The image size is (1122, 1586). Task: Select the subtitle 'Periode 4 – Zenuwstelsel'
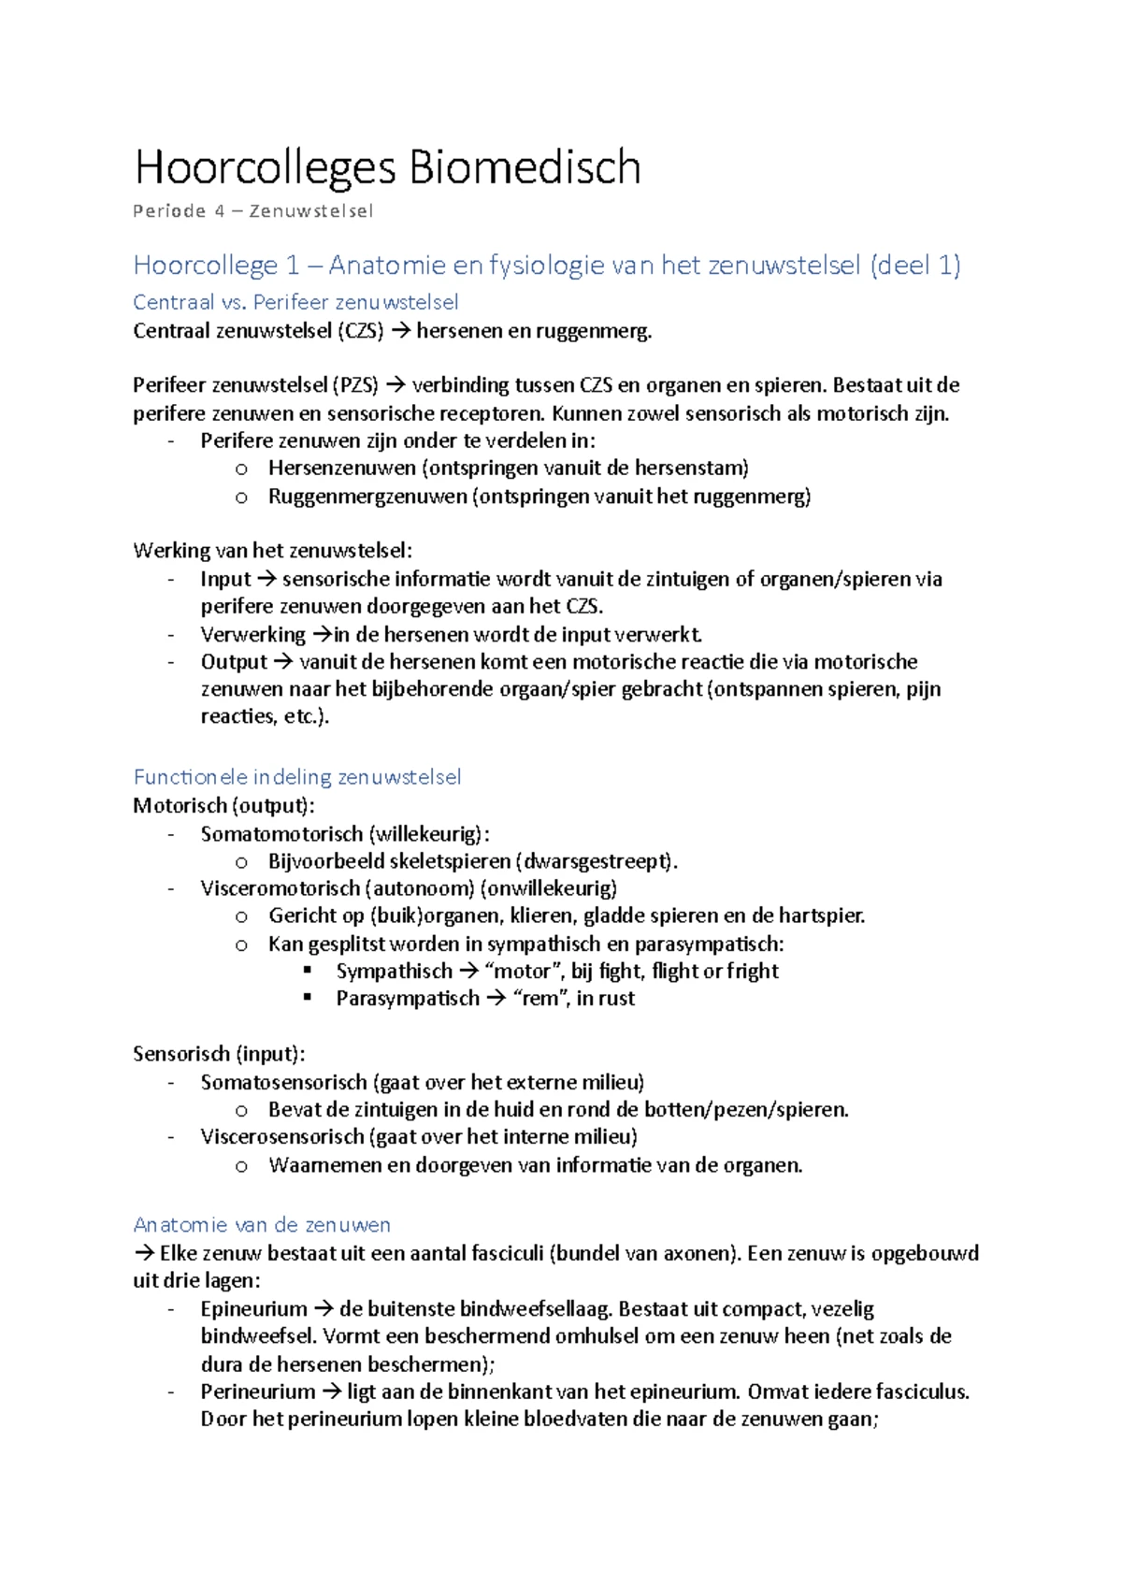pyautogui.click(x=252, y=211)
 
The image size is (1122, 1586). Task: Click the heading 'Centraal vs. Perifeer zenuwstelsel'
pyautogui.click(x=295, y=302)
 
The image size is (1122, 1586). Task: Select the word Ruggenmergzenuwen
pyautogui.click(x=367, y=496)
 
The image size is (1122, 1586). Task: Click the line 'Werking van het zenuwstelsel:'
pyautogui.click(x=272, y=550)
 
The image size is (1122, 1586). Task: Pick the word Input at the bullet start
pyautogui.click(x=225, y=579)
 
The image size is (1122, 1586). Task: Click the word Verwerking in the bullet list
pyautogui.click(x=252, y=634)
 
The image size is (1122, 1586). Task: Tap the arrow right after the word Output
pyautogui.click(x=283, y=662)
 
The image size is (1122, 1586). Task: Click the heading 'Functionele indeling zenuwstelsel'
pyautogui.click(x=296, y=776)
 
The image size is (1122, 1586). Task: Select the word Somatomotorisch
pyautogui.click(x=281, y=833)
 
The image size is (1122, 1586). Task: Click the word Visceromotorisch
pyautogui.click(x=280, y=887)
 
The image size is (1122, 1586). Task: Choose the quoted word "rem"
pyautogui.click(x=539, y=998)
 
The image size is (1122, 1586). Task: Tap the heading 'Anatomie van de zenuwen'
pyautogui.click(x=262, y=1224)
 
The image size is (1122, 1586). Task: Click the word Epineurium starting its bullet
pyautogui.click(x=253, y=1308)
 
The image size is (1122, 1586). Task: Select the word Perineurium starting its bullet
pyautogui.click(x=257, y=1391)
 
